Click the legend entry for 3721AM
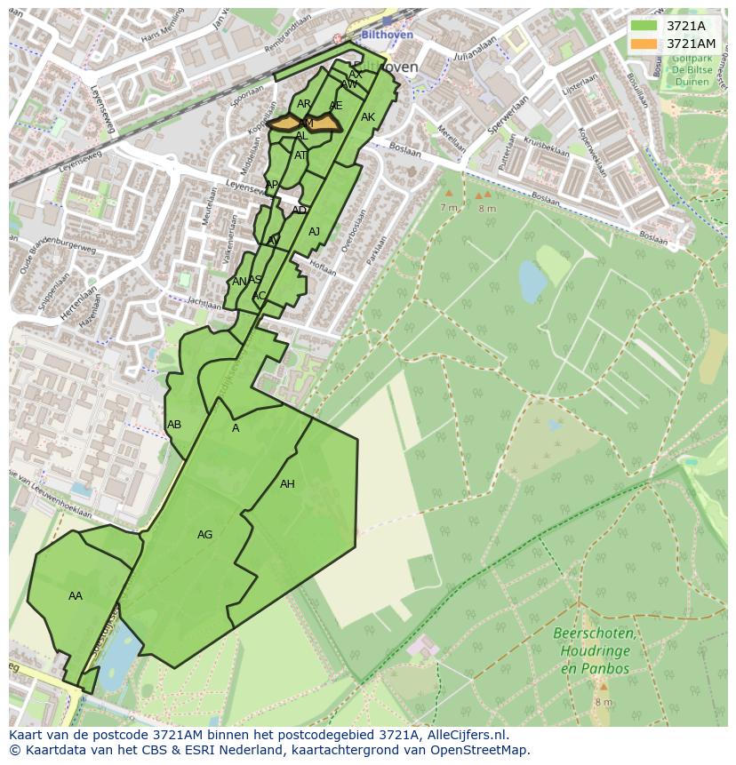tap(690, 44)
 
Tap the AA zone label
tap(76, 596)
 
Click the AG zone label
tap(204, 535)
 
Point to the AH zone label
tap(287, 484)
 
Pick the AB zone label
tap(174, 425)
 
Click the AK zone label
tap(368, 117)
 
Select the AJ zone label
tap(314, 232)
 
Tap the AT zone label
tap(300, 155)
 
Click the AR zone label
tap(304, 105)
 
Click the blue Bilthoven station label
tap(388, 35)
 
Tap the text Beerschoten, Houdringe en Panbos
tap(594, 650)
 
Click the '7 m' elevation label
tap(448, 207)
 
